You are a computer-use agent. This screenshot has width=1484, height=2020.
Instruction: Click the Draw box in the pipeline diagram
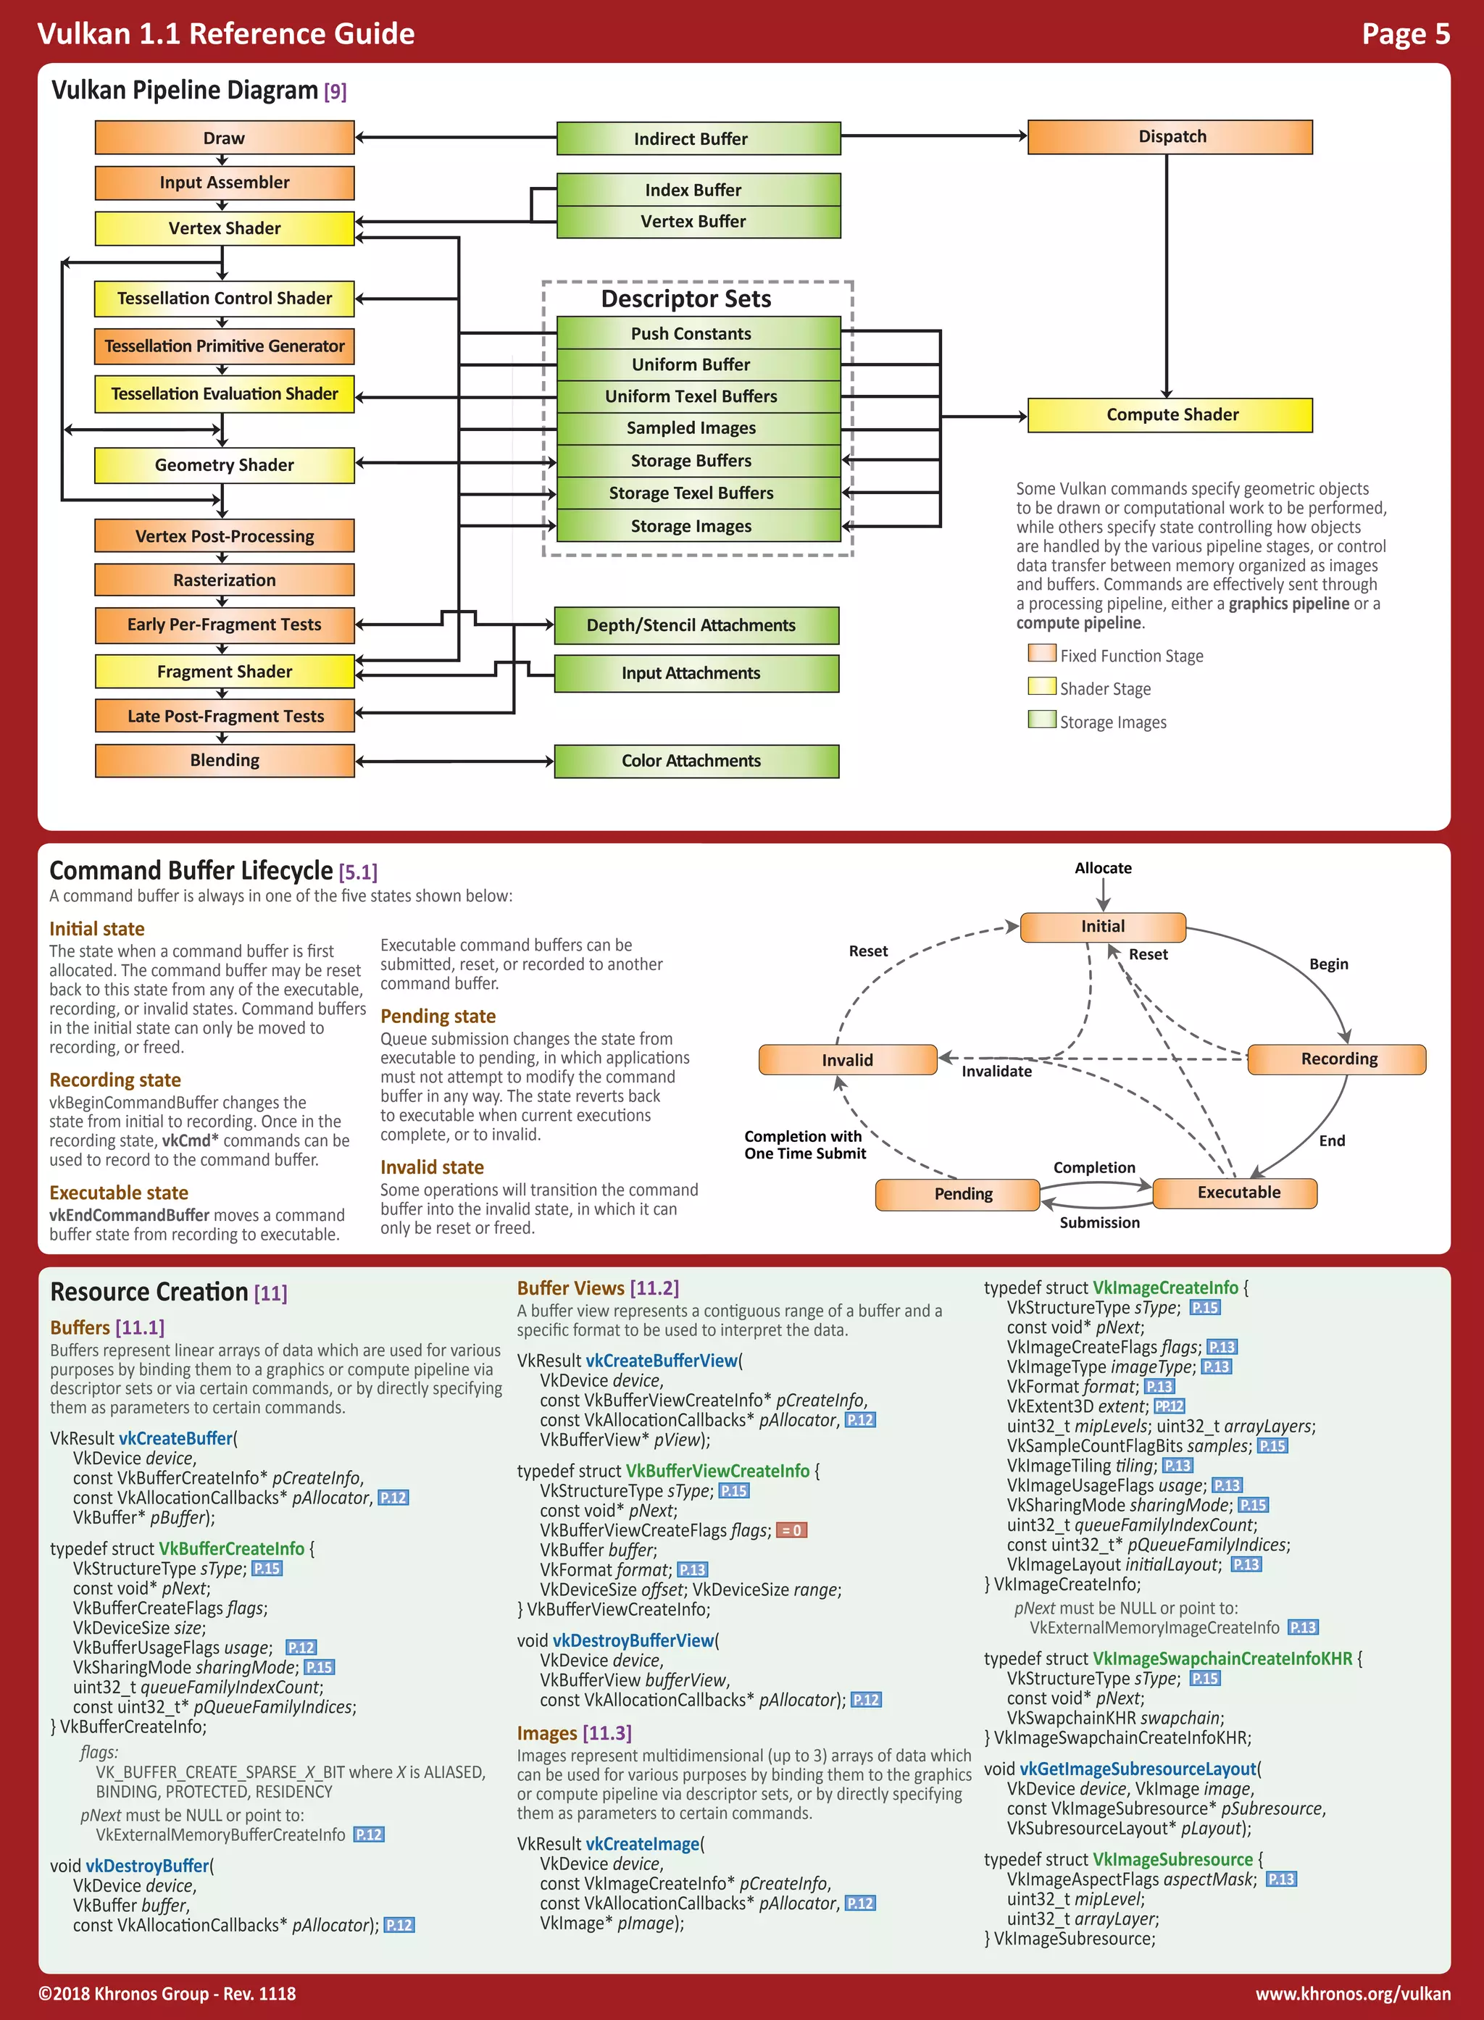coord(225,138)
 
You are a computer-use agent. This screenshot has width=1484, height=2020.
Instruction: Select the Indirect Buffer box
coord(698,139)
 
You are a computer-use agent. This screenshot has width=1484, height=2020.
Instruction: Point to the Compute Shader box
coord(1170,415)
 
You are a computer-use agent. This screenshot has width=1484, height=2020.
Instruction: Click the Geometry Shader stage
coord(225,465)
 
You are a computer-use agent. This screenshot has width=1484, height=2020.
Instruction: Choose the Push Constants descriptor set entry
coord(698,333)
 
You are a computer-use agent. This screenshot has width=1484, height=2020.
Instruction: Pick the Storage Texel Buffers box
coord(698,493)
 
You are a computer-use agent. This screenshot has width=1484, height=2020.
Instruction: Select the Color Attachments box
coord(696,761)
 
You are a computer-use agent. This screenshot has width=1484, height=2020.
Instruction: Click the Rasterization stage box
coord(225,580)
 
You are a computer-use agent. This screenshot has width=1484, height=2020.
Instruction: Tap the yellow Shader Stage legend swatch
coord(1042,687)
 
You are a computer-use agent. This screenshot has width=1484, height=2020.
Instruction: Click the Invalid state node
coord(847,1060)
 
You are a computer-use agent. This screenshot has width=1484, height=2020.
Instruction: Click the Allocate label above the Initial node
coord(1103,868)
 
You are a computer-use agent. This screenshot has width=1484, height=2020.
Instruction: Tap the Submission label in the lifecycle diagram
coord(1099,1222)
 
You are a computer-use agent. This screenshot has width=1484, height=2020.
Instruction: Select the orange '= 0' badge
coord(791,1530)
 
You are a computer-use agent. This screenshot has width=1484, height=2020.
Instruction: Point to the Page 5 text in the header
coord(1405,34)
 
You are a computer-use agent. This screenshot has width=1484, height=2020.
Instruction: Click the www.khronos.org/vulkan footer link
coord(1353,1993)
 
